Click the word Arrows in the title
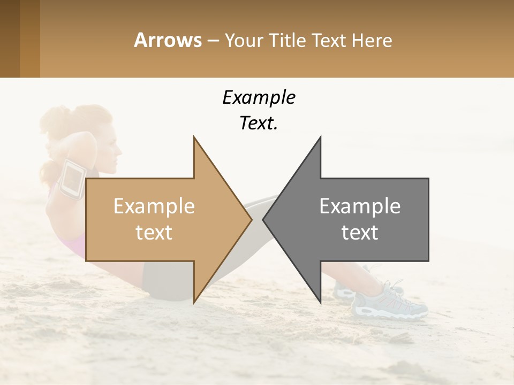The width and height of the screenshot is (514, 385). pos(168,40)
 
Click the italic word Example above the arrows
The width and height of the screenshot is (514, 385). pos(259,98)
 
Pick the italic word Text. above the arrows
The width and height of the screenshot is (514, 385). pos(259,124)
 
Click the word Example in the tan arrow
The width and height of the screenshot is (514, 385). pos(154,206)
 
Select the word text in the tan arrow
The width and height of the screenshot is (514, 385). pos(154,233)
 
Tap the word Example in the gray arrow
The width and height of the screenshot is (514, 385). pos(360,206)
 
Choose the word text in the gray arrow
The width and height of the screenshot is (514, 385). pos(360,233)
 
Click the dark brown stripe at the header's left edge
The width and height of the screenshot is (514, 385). pos(10,38)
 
